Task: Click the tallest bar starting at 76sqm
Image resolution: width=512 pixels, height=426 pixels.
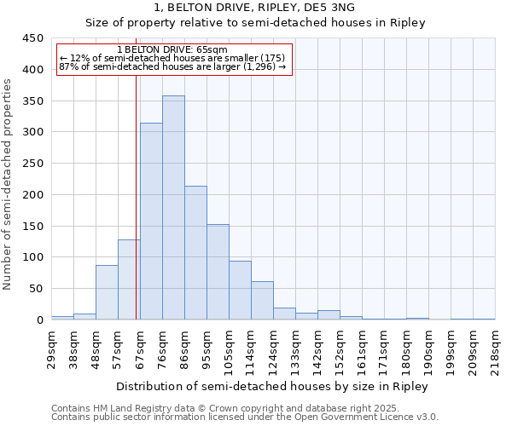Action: [173, 208]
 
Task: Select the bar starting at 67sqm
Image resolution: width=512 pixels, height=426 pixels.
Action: [151, 222]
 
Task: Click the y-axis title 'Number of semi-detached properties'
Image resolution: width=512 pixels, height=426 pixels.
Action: [8, 184]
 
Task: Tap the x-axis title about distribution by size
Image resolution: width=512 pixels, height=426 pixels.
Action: [272, 386]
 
